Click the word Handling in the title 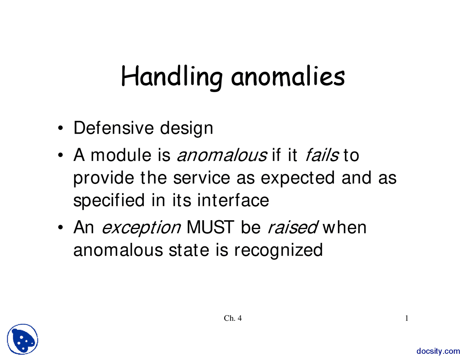[x=171, y=77]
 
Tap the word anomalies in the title [x=288, y=77]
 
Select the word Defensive [x=114, y=128]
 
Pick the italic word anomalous [x=221, y=155]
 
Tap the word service [x=202, y=178]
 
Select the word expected [x=298, y=178]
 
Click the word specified [x=109, y=201]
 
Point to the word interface [x=233, y=201]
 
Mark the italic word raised [x=293, y=228]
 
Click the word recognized [x=278, y=250]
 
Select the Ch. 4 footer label [x=233, y=319]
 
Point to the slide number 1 [x=407, y=319]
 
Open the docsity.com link [x=438, y=351]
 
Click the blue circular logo [x=23, y=339]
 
